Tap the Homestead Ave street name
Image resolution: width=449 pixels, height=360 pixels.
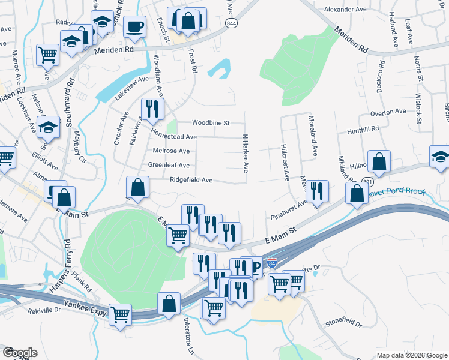174,137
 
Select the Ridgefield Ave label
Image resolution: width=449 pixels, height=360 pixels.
191,179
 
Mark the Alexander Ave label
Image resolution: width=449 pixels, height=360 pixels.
345,10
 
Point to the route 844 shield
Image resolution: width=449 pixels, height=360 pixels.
231,22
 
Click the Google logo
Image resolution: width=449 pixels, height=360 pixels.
20,353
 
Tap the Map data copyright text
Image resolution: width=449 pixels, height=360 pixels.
412,355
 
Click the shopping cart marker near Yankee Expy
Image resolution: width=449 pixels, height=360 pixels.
121,314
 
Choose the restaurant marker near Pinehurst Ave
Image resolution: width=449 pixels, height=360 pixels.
316,190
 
